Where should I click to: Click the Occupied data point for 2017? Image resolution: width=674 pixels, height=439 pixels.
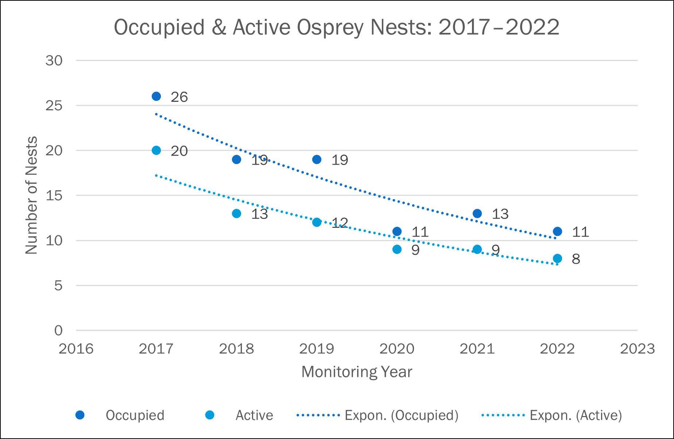(156, 96)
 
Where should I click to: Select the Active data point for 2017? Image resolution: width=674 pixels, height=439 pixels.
(156, 150)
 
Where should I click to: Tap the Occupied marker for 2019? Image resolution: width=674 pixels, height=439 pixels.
(317, 160)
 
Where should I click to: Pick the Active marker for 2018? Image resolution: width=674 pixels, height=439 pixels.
(236, 214)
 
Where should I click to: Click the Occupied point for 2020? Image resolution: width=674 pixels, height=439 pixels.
(397, 232)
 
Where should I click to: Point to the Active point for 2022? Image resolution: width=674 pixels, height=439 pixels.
(557, 259)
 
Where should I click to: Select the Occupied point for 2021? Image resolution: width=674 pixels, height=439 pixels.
(477, 214)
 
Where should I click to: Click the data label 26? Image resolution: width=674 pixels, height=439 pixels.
(179, 97)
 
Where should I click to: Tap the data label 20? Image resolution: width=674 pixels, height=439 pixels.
(179, 151)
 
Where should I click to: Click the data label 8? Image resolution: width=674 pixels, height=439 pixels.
(576, 259)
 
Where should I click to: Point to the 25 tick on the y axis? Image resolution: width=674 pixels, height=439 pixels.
(54, 106)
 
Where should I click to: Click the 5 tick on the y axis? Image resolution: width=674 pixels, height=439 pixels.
(58, 286)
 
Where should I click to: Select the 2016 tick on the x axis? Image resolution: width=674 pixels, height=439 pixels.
(76, 349)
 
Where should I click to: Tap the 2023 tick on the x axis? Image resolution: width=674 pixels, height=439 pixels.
(638, 349)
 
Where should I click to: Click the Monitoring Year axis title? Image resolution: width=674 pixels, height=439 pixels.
(357, 372)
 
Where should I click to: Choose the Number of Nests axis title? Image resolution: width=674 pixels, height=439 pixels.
(31, 195)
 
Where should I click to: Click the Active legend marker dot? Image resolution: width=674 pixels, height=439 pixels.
(210, 415)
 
